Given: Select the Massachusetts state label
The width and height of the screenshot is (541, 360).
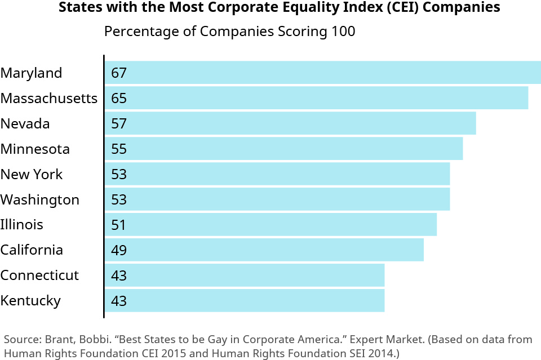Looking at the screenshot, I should pyautogui.click(x=49, y=99).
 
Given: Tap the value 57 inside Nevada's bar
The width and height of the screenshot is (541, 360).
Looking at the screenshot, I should pyautogui.click(x=119, y=124).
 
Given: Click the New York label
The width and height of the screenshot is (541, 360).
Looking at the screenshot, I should pyautogui.click(x=32, y=175).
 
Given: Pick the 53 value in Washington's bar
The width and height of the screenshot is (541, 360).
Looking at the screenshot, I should pyautogui.click(x=119, y=200).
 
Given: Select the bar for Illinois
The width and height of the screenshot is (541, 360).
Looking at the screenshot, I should pyautogui.click(x=270, y=225).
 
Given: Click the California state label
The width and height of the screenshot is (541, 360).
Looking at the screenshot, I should pyautogui.click(x=32, y=250).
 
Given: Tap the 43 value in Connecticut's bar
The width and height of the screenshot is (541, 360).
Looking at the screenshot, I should pyautogui.click(x=119, y=276).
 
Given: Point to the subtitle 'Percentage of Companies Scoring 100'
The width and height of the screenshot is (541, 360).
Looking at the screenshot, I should pyautogui.click(x=230, y=32).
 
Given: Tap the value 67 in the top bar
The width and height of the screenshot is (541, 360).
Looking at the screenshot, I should pyautogui.click(x=119, y=73).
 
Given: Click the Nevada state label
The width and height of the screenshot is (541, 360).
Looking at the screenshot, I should pyautogui.click(x=25, y=124).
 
